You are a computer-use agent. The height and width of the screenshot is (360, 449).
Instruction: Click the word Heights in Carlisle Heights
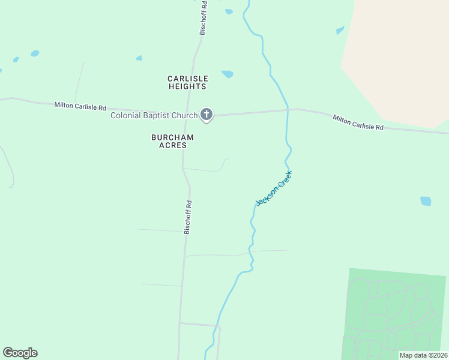187,86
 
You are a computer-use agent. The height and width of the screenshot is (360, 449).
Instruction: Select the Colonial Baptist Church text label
154,115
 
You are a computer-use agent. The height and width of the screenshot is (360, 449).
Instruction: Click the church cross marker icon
206,114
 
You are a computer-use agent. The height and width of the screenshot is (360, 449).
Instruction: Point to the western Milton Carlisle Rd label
80,106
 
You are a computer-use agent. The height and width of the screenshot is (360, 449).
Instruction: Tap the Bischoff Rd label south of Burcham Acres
188,217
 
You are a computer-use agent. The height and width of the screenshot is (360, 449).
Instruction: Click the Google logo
20,353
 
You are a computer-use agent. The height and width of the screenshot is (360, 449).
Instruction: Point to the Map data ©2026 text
424,355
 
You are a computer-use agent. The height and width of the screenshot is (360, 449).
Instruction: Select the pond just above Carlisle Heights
228,74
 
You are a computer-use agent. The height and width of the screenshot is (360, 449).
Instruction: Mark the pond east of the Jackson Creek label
426,201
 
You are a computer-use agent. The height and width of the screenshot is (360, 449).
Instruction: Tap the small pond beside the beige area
340,30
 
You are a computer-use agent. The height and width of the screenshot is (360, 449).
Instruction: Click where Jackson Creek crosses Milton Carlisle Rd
288,110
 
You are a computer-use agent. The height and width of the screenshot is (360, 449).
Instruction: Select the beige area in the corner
402,54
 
